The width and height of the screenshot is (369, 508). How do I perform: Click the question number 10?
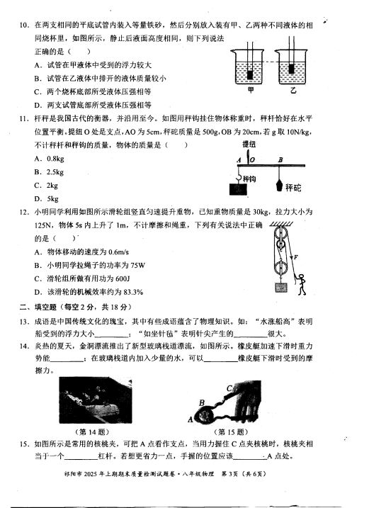coord(25,25)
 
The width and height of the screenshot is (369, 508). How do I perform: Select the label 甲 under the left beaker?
coord(251,90)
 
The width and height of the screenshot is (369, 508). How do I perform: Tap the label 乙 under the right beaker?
coord(293,90)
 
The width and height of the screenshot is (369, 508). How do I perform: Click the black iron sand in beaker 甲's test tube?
coord(250,75)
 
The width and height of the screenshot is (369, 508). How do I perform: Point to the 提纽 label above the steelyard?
coord(249,145)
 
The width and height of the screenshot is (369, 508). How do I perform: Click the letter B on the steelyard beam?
coord(280,159)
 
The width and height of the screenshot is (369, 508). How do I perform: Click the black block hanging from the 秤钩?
coord(238,189)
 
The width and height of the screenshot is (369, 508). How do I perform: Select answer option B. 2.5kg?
coord(49,172)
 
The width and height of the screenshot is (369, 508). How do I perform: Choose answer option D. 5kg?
coord(46,199)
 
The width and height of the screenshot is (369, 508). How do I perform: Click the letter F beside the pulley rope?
coord(295,258)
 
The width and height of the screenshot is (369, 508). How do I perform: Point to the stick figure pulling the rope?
coord(301,284)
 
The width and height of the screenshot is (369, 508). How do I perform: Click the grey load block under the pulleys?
coord(281,288)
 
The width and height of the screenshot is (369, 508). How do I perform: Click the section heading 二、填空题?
coord(38,307)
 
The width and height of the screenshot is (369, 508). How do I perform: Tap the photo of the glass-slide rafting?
coord(96,400)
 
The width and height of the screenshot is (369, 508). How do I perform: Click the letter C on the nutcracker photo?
coord(229,388)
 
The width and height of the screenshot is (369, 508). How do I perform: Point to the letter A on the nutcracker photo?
coord(191,419)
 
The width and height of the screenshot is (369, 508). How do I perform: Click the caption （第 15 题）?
coord(232,432)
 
